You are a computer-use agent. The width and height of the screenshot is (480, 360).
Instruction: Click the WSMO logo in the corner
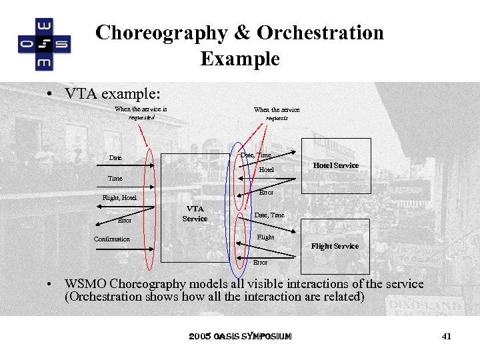click(x=44, y=44)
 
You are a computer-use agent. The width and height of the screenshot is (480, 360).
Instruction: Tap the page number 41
click(x=447, y=337)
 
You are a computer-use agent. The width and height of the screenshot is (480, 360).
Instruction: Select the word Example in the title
click(x=239, y=59)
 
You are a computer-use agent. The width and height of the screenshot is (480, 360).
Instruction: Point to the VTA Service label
click(x=195, y=213)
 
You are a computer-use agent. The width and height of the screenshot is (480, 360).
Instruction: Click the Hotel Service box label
click(x=336, y=165)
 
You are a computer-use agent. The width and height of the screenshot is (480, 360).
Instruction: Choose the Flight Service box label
click(x=335, y=246)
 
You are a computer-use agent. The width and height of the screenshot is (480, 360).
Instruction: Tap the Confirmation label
click(x=112, y=239)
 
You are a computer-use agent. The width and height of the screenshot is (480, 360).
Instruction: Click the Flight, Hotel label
click(x=119, y=197)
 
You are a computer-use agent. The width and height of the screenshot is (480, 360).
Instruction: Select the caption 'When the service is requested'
click(x=141, y=113)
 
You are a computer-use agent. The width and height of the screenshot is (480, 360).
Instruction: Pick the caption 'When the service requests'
click(x=277, y=113)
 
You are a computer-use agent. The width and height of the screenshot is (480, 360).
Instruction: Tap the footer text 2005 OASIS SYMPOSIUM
click(x=240, y=336)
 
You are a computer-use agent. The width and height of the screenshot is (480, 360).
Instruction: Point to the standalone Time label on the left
click(x=115, y=179)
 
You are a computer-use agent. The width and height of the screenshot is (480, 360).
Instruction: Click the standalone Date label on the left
click(x=115, y=158)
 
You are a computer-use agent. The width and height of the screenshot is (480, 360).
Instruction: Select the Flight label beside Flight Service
click(x=265, y=237)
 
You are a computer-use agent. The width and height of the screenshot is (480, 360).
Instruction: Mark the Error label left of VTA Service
click(x=125, y=219)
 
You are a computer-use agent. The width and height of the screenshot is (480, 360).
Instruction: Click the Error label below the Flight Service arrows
click(x=260, y=263)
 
